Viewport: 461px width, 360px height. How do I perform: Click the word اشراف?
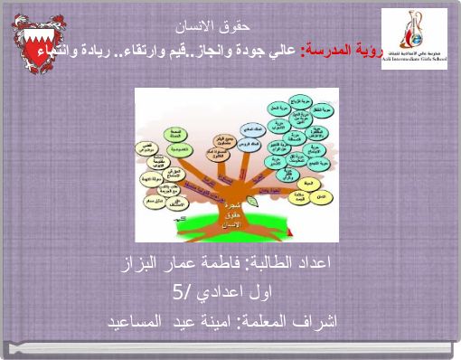315,321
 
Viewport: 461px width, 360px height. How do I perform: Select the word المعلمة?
267,321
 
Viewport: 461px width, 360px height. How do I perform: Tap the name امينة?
214,321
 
